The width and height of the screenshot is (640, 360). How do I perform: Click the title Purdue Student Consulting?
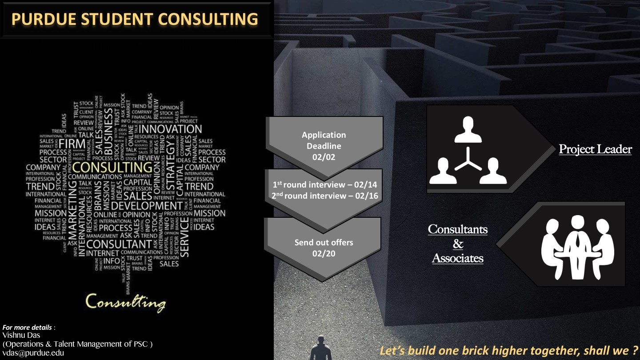click(135, 19)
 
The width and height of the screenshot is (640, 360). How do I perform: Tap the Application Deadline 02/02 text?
click(324, 146)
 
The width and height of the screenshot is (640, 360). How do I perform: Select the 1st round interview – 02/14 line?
click(324, 185)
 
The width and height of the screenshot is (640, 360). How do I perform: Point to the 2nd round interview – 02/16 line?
click(324, 196)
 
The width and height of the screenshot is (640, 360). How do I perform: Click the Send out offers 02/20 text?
click(324, 248)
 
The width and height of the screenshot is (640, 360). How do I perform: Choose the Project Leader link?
click(595, 149)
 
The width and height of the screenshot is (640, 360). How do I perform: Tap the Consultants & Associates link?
click(458, 244)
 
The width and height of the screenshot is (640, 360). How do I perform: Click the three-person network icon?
click(468, 150)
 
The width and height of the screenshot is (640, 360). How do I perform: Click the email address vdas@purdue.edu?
click(33, 353)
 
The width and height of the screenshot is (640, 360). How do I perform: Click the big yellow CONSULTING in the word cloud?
click(112, 168)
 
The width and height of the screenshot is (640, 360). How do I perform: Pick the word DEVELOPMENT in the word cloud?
click(147, 206)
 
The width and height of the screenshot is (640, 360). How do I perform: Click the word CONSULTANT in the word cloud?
click(119, 244)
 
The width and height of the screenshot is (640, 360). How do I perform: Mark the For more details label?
click(28, 328)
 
